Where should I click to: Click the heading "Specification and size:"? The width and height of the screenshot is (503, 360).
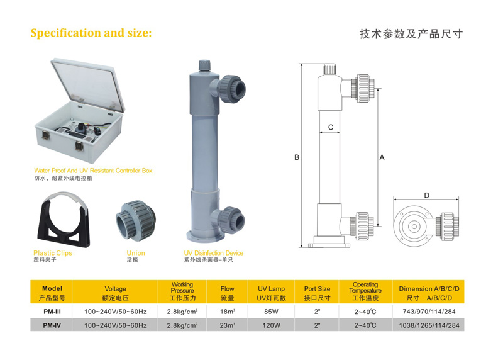point(91,33)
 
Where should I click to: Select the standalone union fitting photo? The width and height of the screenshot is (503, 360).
point(136,221)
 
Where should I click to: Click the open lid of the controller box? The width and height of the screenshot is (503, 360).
point(87,84)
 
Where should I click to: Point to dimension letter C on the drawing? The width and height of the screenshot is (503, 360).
point(331,127)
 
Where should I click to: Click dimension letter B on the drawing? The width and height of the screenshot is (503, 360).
point(296,157)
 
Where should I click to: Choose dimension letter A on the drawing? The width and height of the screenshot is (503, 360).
point(382,157)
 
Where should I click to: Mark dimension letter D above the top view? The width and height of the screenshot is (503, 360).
point(426,195)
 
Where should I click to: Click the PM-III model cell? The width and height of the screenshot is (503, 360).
point(52,312)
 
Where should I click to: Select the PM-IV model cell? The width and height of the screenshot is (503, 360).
point(52,325)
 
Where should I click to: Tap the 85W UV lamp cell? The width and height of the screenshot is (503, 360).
point(271,312)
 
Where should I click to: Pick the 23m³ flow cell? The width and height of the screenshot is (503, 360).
point(227,325)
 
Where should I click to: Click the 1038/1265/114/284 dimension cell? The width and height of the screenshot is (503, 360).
point(429,325)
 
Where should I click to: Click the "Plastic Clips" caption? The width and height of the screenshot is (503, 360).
point(53,253)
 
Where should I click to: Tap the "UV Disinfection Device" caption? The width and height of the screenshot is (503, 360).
point(213,253)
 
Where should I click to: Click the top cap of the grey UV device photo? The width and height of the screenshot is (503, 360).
point(204,65)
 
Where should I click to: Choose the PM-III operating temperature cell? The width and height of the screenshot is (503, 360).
point(365,312)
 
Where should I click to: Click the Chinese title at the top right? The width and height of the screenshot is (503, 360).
point(411,34)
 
